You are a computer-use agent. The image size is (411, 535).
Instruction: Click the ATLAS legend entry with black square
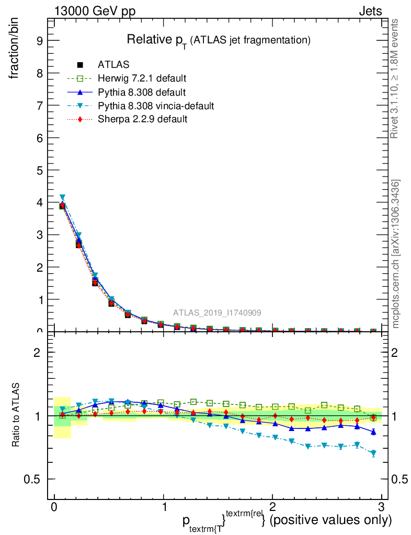click(113, 65)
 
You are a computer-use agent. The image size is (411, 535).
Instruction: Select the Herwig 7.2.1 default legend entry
click(142, 78)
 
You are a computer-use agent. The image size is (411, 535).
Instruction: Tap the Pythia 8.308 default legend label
click(142, 92)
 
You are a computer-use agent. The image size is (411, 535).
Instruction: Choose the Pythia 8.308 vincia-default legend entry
click(156, 106)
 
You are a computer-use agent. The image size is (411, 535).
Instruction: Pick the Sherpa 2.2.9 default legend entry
click(143, 120)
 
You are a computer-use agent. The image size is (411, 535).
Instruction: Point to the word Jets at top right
click(370, 11)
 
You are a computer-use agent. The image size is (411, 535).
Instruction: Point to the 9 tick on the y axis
click(39, 41)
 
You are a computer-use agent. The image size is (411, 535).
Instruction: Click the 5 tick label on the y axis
click(39, 170)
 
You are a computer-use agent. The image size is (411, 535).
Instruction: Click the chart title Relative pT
click(220, 40)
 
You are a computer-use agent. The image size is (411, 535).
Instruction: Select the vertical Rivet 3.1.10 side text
click(395, 78)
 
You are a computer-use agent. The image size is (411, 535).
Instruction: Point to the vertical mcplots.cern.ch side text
click(396, 254)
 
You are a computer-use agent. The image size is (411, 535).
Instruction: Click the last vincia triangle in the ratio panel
click(373, 453)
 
